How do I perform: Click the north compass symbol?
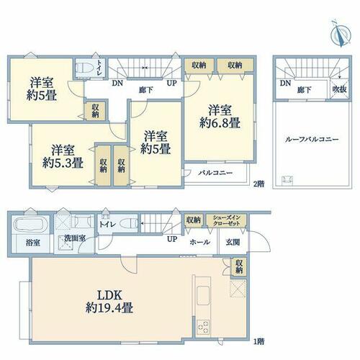coord(341,34)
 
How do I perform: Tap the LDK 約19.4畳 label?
coord(109,302)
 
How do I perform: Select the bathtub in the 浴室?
coord(30,225)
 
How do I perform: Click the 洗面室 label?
coord(75,238)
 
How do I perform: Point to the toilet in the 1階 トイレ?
coord(128,224)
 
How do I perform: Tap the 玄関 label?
coord(233,242)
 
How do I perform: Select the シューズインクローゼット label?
coord(227,220)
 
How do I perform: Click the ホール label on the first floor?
coord(200,242)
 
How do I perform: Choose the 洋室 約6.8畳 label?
coord(220,117)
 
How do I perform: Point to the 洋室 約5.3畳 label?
coord(63,156)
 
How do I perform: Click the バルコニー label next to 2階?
coord(215,173)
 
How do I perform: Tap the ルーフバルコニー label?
coord(312,140)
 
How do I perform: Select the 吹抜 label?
coord(340,89)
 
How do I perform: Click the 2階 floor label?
coord(259,184)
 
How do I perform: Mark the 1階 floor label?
coord(259,341)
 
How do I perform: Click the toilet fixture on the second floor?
coord(84,68)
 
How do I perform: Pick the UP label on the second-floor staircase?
coord(172,83)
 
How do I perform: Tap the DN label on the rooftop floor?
coord(285,84)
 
